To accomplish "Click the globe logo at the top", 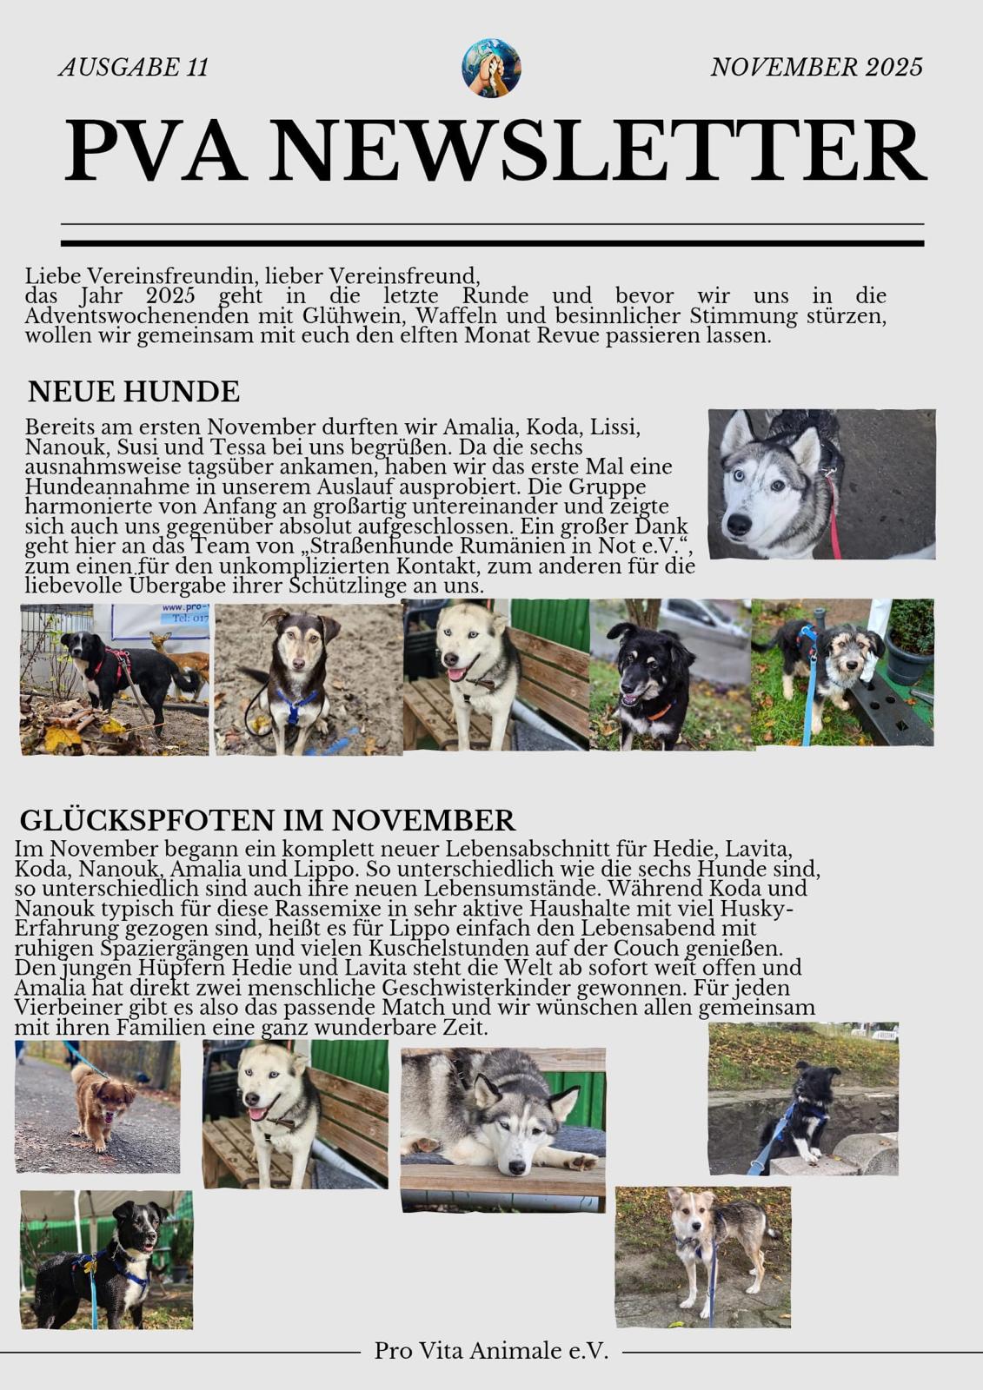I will (x=491, y=67).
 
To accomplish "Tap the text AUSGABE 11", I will (x=134, y=67).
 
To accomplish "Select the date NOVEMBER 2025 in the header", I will (x=816, y=67).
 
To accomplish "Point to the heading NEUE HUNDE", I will (x=134, y=392).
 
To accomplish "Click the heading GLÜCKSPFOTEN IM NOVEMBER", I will (x=267, y=820).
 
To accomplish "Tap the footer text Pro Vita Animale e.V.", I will (x=491, y=1351).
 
